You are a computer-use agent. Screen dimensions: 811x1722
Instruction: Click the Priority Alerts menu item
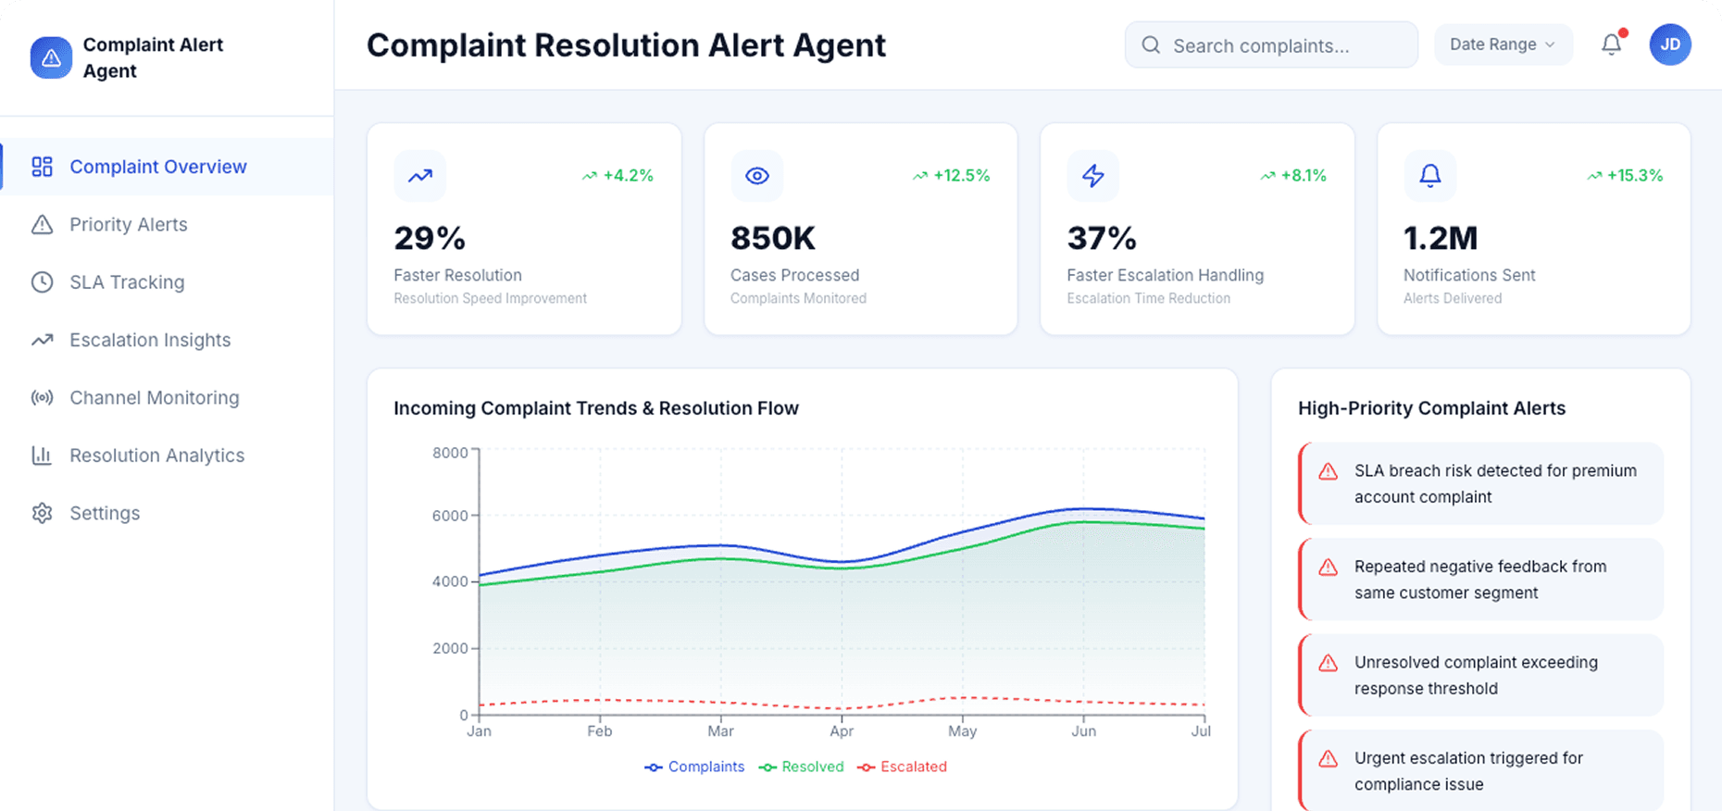click(128, 225)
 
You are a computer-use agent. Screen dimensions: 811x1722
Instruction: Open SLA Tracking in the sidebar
click(127, 282)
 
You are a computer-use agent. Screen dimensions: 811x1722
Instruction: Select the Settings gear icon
click(42, 513)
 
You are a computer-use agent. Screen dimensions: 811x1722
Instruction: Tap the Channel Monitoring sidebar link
click(154, 398)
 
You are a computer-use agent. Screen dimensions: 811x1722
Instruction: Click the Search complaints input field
click(1282, 45)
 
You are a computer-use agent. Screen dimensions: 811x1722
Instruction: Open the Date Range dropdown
click(1502, 44)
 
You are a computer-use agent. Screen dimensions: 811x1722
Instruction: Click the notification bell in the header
click(1611, 44)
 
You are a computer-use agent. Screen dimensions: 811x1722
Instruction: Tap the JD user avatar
click(1669, 44)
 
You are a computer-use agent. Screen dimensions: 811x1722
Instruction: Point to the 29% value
click(430, 238)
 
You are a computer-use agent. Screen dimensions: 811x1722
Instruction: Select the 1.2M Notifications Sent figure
click(1440, 238)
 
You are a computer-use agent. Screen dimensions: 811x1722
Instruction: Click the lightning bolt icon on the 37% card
click(1093, 176)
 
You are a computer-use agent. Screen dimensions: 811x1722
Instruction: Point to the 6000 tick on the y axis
click(450, 516)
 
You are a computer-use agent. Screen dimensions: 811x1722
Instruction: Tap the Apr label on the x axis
click(842, 731)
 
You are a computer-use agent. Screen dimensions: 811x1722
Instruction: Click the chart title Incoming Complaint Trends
click(595, 408)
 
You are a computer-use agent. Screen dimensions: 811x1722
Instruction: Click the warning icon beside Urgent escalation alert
click(1328, 759)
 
